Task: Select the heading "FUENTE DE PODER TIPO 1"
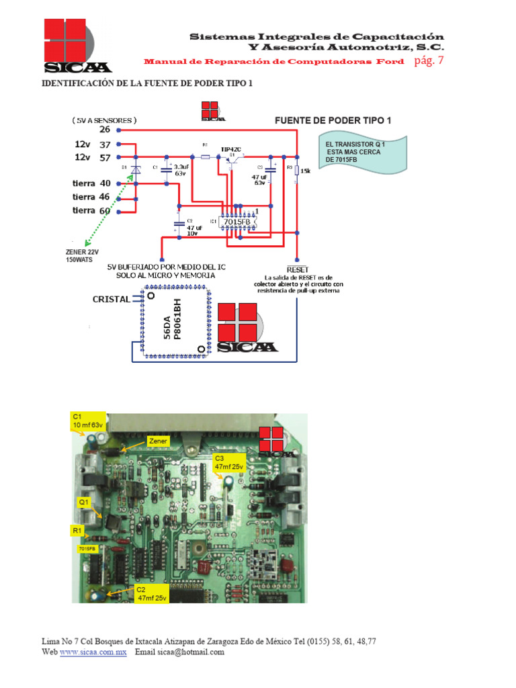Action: tap(333, 120)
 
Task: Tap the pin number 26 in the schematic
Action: tap(104, 130)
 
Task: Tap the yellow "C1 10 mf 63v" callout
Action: tap(88, 421)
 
